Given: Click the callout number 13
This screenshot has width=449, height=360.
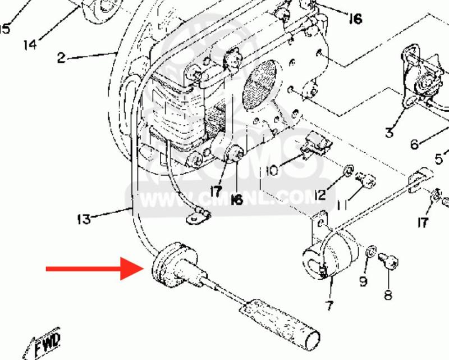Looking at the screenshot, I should click(x=84, y=220).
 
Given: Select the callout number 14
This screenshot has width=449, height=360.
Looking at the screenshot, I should click(x=31, y=44).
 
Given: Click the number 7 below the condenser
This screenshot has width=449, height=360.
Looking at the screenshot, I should click(x=328, y=306).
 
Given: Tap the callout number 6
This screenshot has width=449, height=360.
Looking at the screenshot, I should click(x=414, y=145).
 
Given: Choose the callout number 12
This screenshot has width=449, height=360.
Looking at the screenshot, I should click(x=320, y=195).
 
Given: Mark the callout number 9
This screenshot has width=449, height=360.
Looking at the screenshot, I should click(x=363, y=280).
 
